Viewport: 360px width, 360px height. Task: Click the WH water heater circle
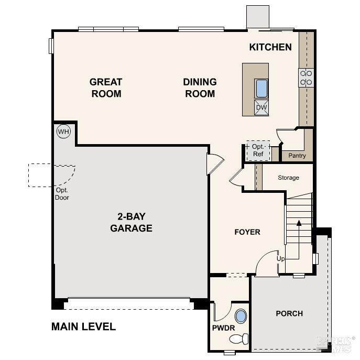tap(63, 132)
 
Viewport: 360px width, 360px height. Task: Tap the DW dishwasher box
tap(261, 108)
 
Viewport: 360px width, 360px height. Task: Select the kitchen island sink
tap(261, 89)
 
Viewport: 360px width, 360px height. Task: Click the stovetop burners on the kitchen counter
tap(306, 78)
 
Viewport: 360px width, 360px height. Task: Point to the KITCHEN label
tap(270, 47)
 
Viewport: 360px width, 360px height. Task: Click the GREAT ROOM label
tap(106, 88)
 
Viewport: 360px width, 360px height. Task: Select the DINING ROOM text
tap(200, 88)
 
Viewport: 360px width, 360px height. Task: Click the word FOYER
tap(247, 232)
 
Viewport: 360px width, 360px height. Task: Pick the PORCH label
tap(289, 313)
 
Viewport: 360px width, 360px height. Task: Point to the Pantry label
tap(297, 156)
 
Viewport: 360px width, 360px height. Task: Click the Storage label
tap(288, 178)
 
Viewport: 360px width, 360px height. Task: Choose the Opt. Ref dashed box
tap(258, 150)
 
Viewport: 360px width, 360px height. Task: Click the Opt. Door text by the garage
tap(62, 194)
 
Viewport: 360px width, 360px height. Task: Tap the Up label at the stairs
tap(281, 259)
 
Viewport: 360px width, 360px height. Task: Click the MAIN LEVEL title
tap(83, 326)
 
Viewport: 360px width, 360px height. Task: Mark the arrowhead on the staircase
tap(299, 223)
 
